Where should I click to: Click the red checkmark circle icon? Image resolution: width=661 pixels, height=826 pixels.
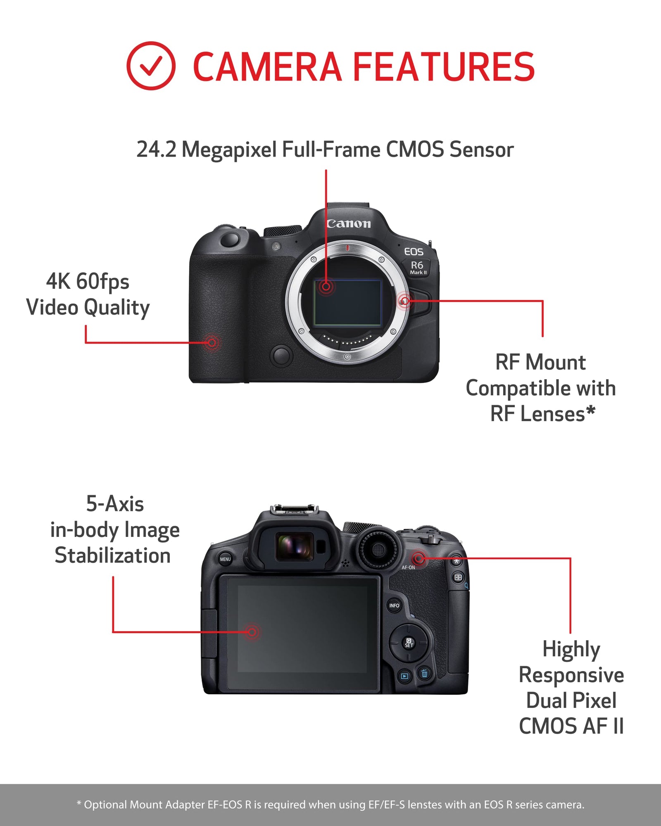[x=151, y=66]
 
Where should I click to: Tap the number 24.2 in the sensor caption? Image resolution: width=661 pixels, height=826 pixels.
[x=156, y=150]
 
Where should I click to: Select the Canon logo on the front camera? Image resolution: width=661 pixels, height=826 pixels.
[x=349, y=224]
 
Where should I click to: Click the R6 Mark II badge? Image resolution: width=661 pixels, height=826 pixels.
[x=418, y=267]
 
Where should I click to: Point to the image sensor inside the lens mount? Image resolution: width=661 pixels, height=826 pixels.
[x=347, y=302]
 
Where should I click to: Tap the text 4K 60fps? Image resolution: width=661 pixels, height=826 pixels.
[x=88, y=282]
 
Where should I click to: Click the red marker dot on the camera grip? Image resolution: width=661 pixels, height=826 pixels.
[x=212, y=342]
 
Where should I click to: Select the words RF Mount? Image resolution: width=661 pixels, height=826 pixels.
[x=540, y=363]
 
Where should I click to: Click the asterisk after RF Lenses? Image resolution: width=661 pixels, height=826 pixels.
[x=591, y=411]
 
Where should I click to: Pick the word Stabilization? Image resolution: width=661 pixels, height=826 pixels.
[x=112, y=555]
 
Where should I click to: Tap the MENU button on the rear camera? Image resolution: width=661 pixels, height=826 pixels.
[x=225, y=559]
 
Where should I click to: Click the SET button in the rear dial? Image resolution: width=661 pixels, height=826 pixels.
[x=409, y=643]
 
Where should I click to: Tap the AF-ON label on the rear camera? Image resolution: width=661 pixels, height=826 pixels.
[x=408, y=568]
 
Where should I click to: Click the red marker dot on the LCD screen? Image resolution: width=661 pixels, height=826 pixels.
[x=252, y=632]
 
